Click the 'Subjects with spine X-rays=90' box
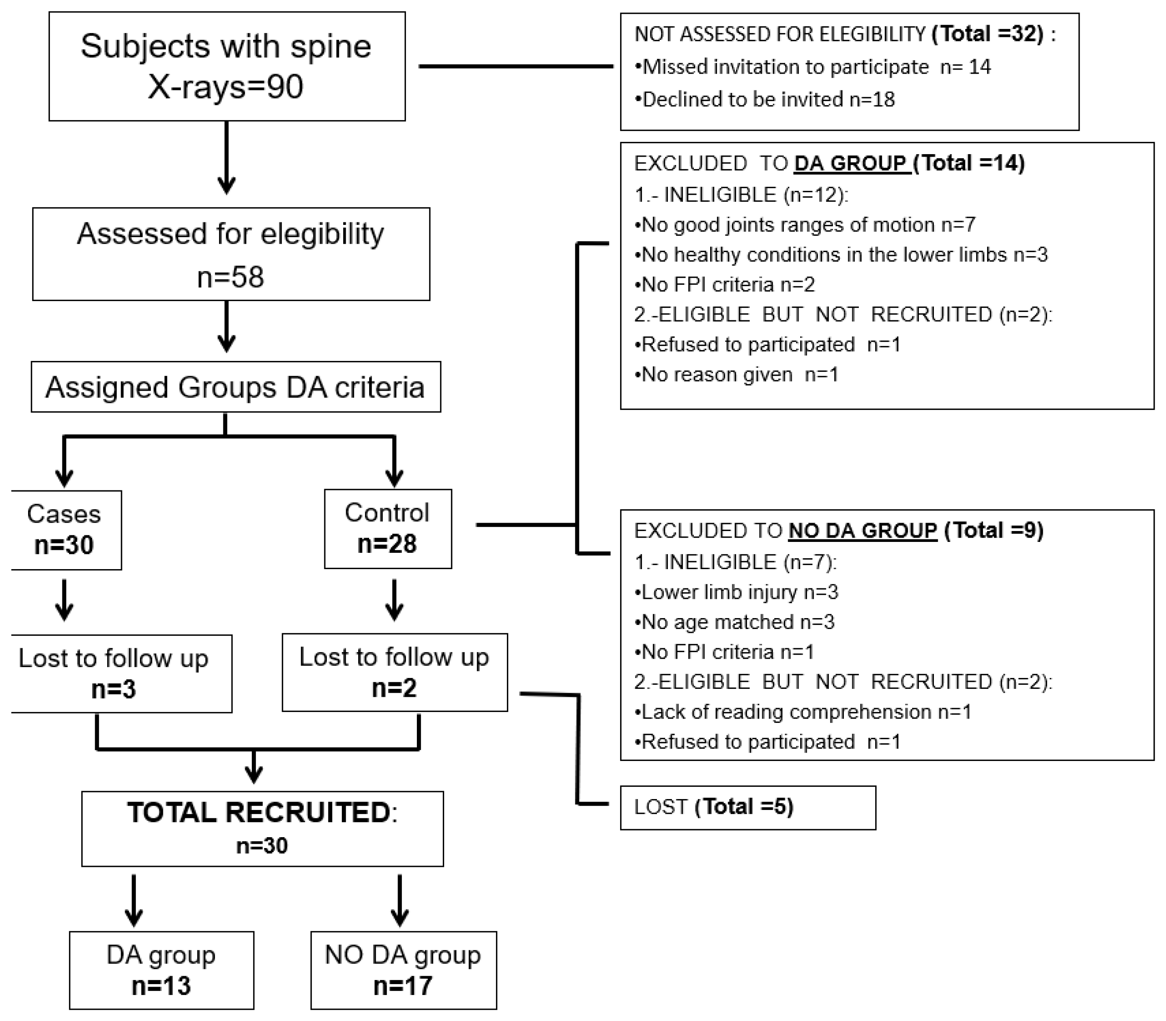(227, 66)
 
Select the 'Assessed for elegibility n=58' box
(231, 254)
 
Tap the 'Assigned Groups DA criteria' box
(236, 387)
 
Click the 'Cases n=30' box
(65, 530)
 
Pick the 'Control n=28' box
(388, 529)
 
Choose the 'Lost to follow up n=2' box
(394, 672)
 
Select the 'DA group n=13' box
(161, 970)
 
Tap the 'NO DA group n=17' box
(403, 970)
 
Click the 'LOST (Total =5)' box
(748, 808)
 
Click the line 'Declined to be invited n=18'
(764, 100)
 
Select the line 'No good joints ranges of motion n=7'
(805, 225)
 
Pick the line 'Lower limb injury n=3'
(736, 593)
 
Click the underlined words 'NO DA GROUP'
(863, 531)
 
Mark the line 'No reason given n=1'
(736, 375)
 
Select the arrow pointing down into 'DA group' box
(134, 901)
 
